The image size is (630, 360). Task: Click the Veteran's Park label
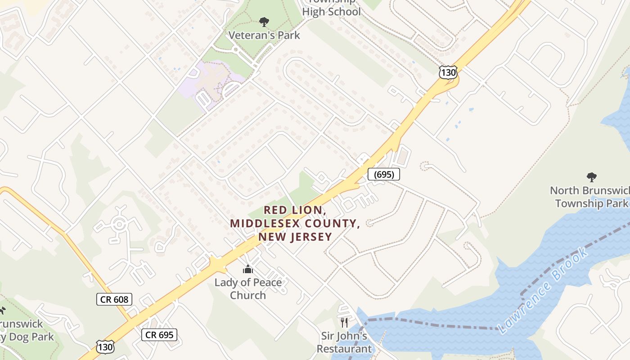click(264, 35)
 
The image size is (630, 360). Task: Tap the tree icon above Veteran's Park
click(264, 22)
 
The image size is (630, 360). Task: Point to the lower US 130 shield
click(105, 346)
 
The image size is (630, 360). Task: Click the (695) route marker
click(383, 174)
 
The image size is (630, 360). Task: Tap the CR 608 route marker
click(114, 299)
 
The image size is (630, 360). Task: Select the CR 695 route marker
click(159, 334)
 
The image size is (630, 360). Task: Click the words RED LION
click(294, 210)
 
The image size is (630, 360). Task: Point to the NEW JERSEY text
click(295, 237)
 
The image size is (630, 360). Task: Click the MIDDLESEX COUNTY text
click(295, 223)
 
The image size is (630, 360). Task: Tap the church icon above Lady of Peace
click(248, 270)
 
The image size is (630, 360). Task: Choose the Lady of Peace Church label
click(248, 289)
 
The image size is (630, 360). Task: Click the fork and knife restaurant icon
click(344, 322)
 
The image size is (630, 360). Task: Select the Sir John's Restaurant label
click(344, 342)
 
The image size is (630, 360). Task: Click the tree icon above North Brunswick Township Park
click(591, 177)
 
